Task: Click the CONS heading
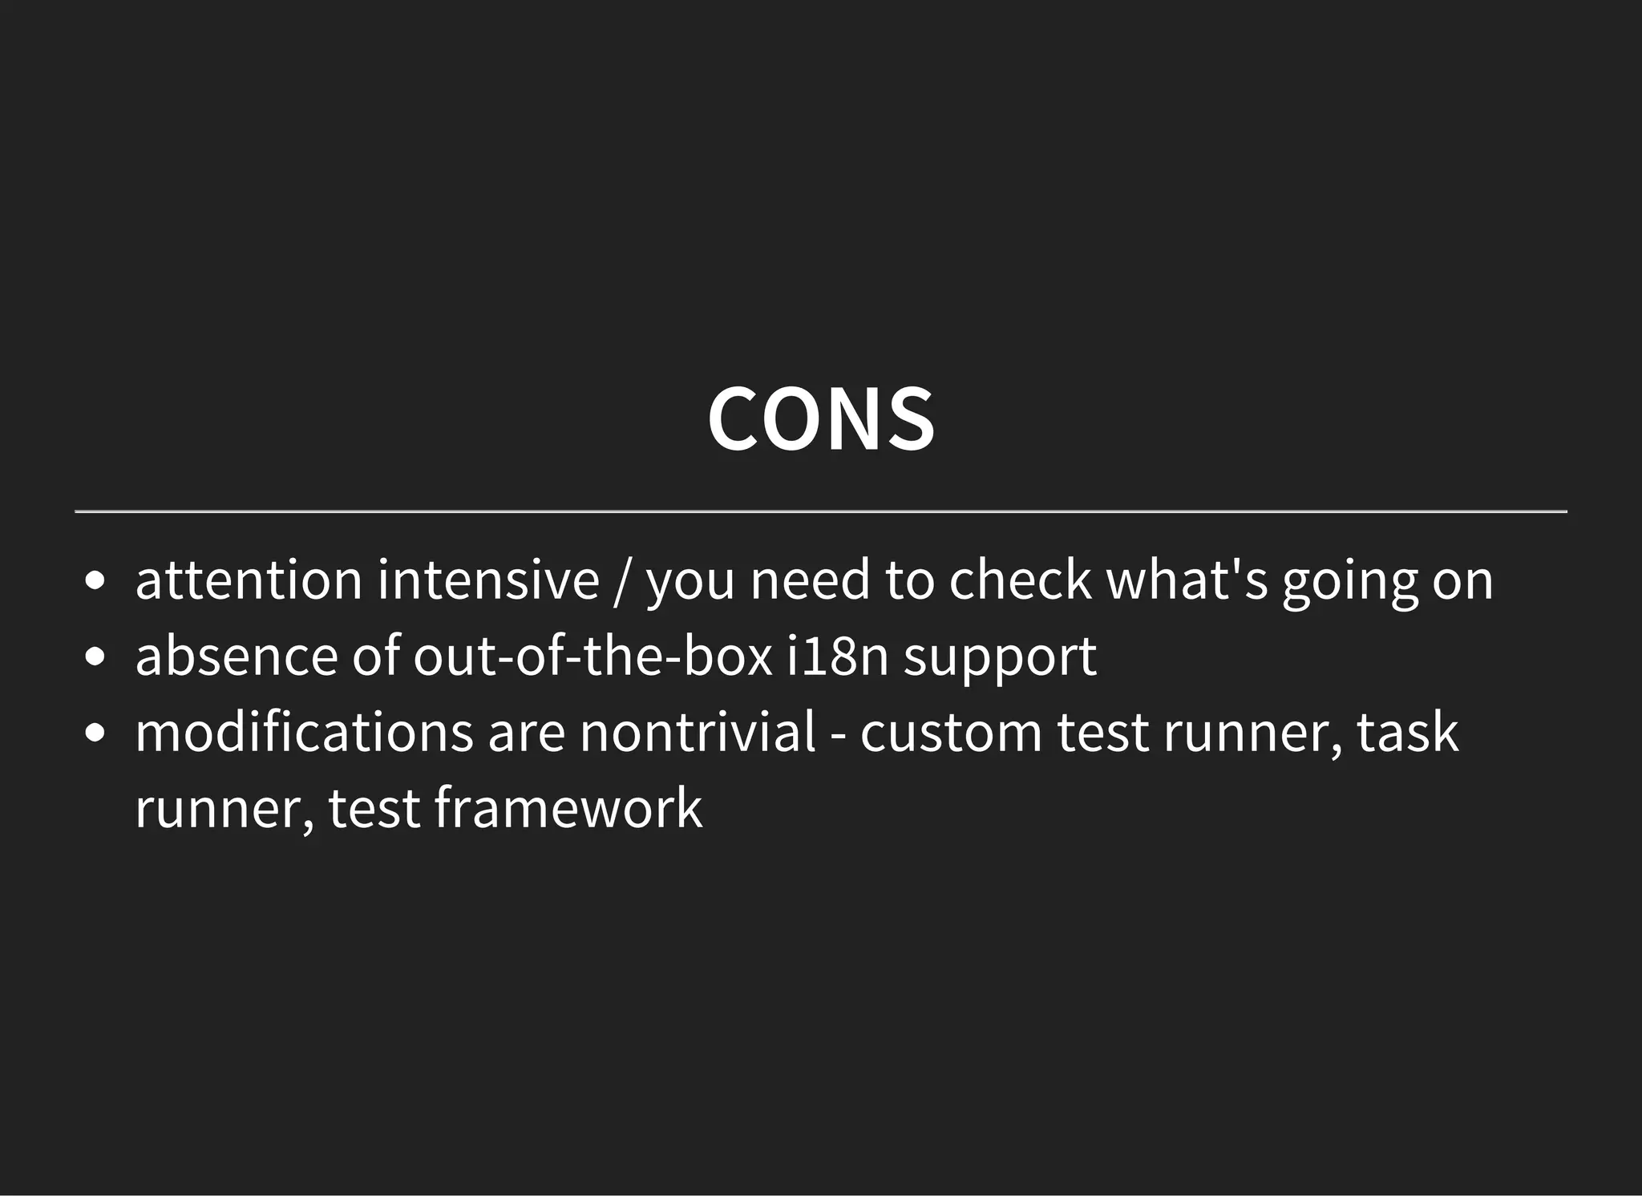coord(820,419)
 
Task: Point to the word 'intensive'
coord(488,580)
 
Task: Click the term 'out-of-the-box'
coord(592,656)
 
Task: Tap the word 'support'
coord(1000,659)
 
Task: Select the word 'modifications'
coord(304,732)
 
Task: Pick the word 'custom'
coord(951,732)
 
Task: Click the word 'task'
coord(1407,732)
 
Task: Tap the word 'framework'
coord(568,808)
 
